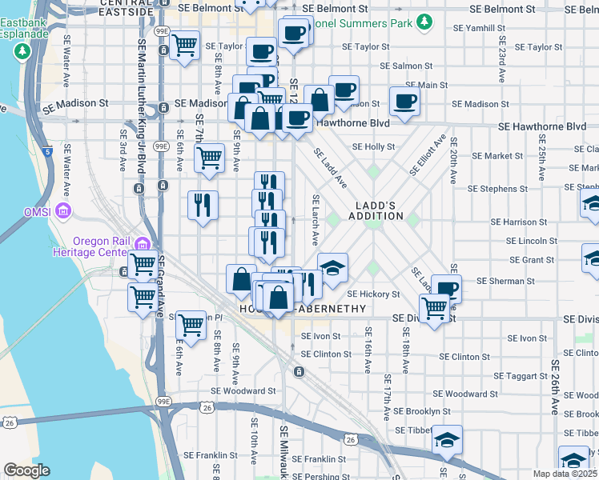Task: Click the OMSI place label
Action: pos(38,211)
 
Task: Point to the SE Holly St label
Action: pos(380,147)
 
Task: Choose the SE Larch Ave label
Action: pos(316,220)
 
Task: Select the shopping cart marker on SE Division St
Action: pos(435,306)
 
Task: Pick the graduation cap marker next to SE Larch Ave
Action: pos(332,266)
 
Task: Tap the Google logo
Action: pos(26,470)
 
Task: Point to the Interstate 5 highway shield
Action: pos(48,150)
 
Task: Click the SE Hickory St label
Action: pos(373,294)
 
